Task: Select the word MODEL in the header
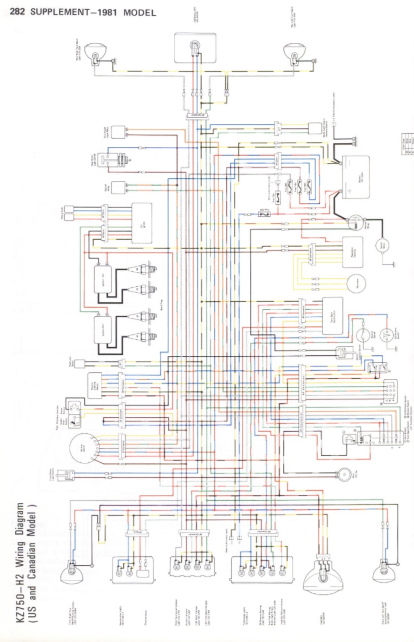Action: (140, 12)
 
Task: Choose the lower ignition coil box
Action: (105, 329)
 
